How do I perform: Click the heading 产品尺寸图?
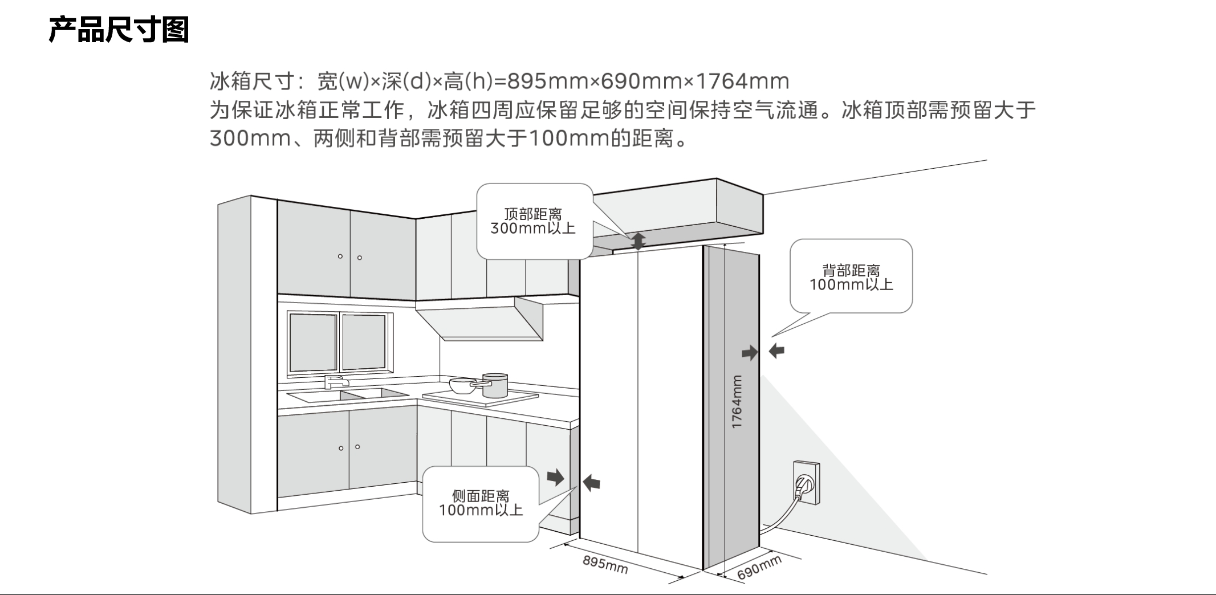pyautogui.click(x=119, y=30)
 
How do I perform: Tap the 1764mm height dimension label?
pyautogui.click(x=737, y=402)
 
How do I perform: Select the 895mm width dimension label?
pyautogui.click(x=605, y=564)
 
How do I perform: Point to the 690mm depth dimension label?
pyautogui.click(x=759, y=568)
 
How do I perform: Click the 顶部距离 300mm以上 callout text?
pyautogui.click(x=533, y=221)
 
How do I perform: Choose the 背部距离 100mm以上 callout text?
pyautogui.click(x=851, y=278)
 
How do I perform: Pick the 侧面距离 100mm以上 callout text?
pyautogui.click(x=481, y=503)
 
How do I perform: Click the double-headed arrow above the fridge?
pyautogui.click(x=638, y=241)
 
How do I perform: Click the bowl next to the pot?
pyautogui.click(x=462, y=385)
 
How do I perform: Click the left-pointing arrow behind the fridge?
pyautogui.click(x=776, y=351)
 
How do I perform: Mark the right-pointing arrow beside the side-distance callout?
pyautogui.click(x=555, y=477)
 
